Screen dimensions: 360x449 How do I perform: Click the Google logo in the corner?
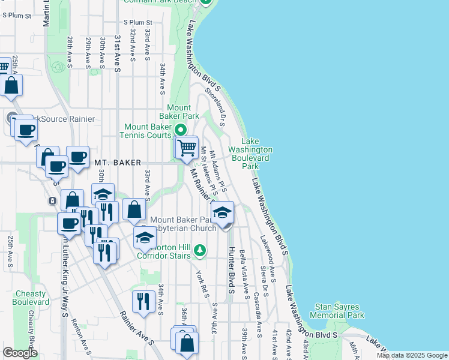[20, 353]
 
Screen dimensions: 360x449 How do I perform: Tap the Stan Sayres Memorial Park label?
[337, 311]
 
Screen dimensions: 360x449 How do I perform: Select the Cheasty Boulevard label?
[31, 298]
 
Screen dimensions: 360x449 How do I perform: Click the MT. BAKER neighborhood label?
[118, 163]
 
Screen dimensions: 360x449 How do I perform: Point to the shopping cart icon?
[187, 146]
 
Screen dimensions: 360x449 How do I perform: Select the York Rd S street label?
[202, 281]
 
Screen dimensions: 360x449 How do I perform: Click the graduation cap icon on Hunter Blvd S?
[223, 213]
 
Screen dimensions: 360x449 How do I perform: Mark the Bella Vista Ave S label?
[243, 274]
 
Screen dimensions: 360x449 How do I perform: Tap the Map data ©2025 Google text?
[412, 355]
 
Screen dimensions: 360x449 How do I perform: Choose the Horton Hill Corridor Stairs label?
[163, 250]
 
